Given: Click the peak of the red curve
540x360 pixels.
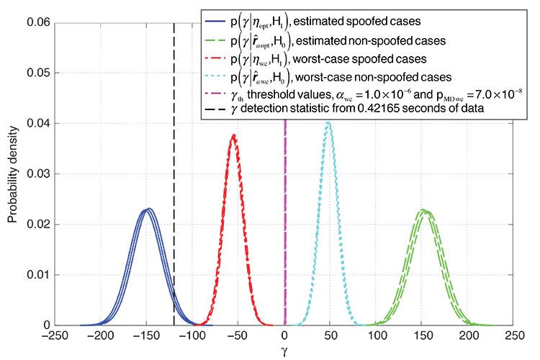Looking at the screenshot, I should (x=234, y=135).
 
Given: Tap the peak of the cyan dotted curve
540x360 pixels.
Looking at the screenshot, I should (x=328, y=123).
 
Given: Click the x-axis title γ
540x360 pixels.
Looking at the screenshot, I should (x=286, y=351).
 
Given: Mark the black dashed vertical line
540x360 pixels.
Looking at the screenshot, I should (x=174, y=180).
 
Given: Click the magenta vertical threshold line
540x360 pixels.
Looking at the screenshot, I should (x=285, y=216).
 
